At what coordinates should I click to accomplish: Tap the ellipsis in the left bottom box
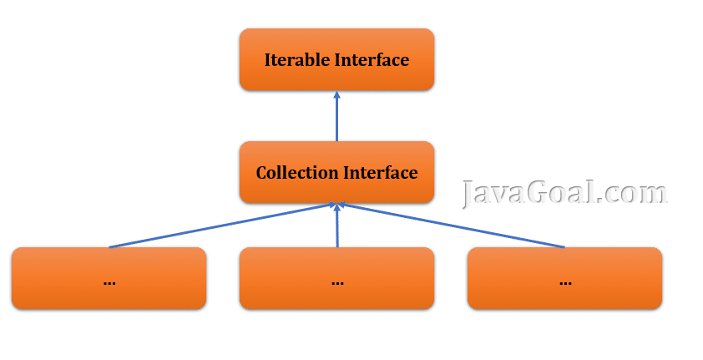pos(109,281)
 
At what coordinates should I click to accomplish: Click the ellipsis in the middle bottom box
pos(337,281)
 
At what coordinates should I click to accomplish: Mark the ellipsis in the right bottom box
pos(565,281)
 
